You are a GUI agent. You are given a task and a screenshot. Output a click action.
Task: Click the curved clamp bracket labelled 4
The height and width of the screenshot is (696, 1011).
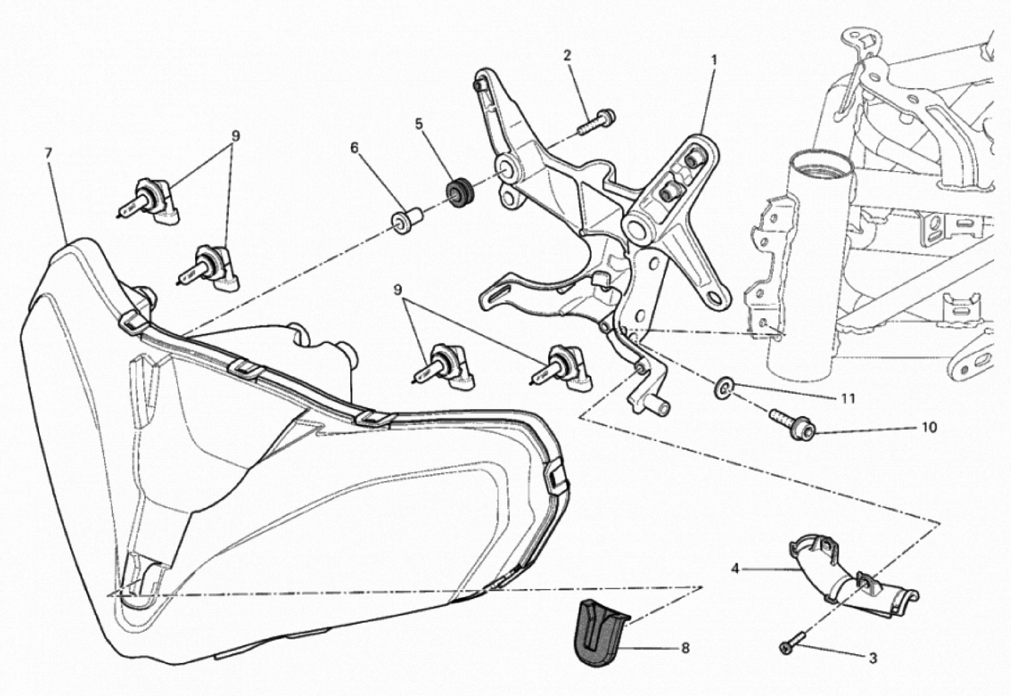(851, 580)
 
